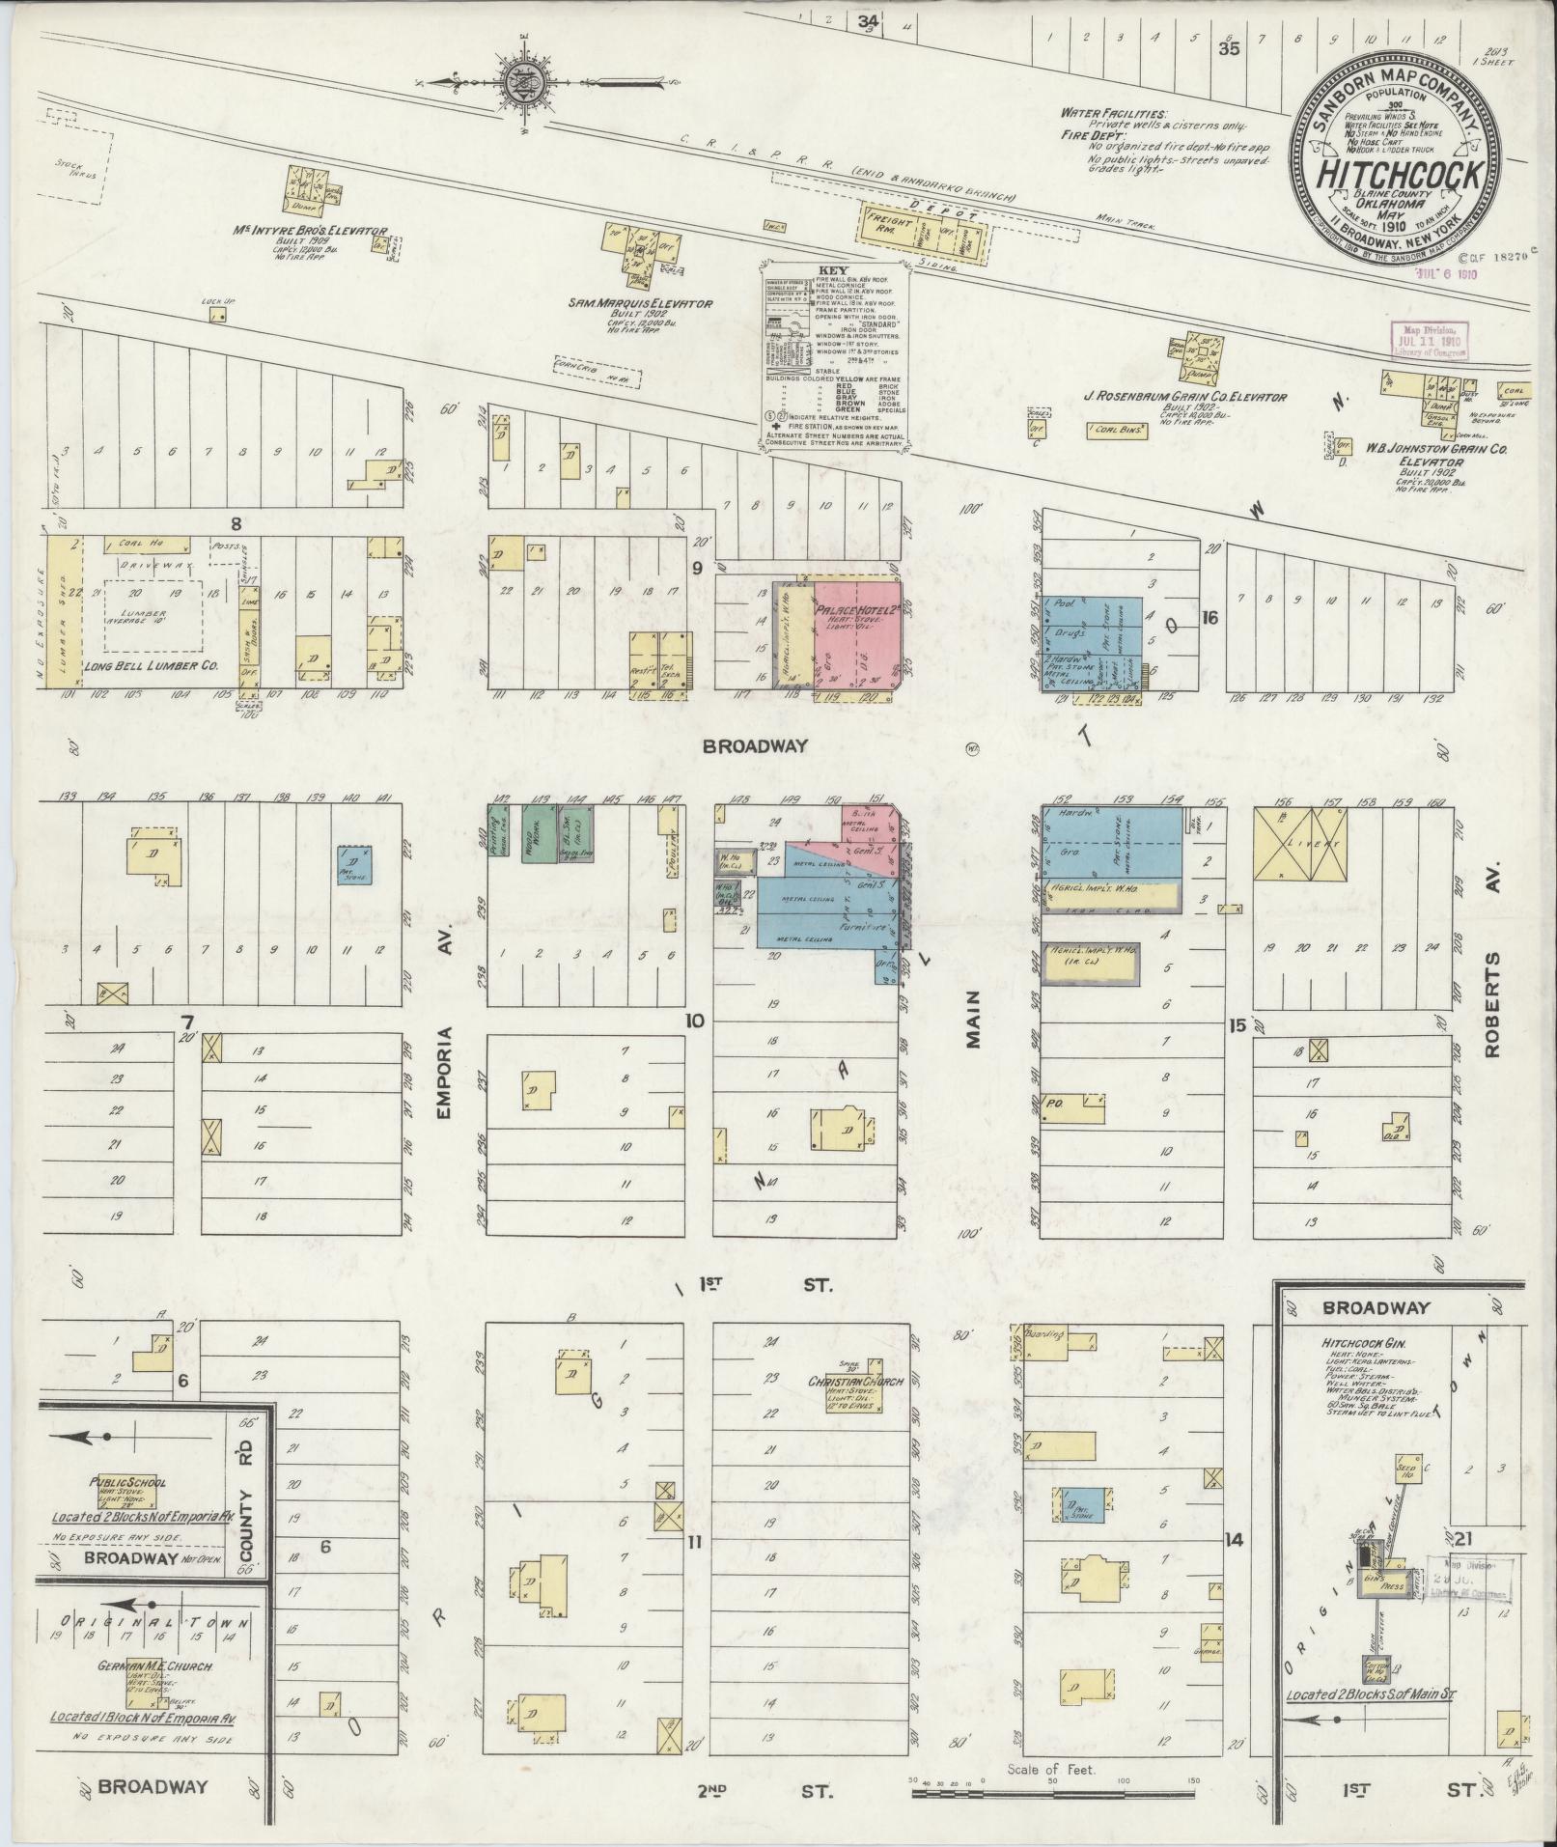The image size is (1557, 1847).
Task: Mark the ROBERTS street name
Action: [1494, 1004]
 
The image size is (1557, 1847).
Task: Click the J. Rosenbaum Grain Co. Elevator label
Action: [1184, 397]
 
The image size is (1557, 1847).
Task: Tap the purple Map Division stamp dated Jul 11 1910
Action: [1428, 340]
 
